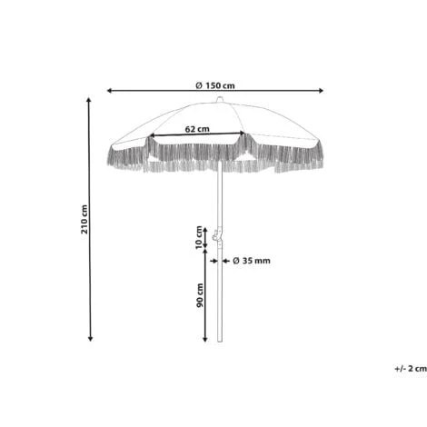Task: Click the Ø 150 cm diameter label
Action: point(215,85)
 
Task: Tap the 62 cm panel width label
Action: point(197,129)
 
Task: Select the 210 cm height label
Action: point(84,219)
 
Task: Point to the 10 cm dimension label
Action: point(199,237)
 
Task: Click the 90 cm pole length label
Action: point(200,295)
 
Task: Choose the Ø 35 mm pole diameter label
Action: point(252,261)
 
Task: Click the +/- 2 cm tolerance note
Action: point(411,369)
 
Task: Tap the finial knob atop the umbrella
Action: point(220,99)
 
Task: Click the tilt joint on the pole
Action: point(217,235)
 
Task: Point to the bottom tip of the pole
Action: point(220,342)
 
